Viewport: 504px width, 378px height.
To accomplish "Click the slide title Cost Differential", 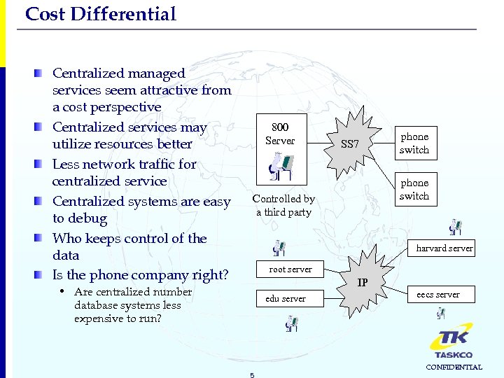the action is click(x=100, y=14).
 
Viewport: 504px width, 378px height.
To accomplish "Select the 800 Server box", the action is click(x=280, y=134).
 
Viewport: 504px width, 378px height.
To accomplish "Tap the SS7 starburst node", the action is click(x=349, y=144).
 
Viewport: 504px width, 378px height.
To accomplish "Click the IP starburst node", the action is click(x=363, y=283).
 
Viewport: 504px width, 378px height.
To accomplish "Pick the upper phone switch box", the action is click(x=414, y=143).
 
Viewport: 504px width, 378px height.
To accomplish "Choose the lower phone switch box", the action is click(x=414, y=190).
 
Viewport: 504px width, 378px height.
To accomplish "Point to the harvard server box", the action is click(x=444, y=248).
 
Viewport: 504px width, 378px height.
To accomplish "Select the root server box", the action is click(x=290, y=269).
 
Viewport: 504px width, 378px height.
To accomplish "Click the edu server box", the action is click(x=286, y=299).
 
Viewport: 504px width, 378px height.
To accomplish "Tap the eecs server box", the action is click(x=438, y=295).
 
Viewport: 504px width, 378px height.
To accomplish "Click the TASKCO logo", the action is click(x=451, y=340).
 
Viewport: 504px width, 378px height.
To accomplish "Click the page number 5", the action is click(x=252, y=374).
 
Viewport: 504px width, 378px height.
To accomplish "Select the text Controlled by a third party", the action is click(x=283, y=206).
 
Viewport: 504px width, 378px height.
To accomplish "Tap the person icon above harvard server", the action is click(x=456, y=227).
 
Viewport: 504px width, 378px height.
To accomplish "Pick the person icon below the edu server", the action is click(x=291, y=323).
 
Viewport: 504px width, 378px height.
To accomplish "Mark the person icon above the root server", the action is click(x=279, y=248).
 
